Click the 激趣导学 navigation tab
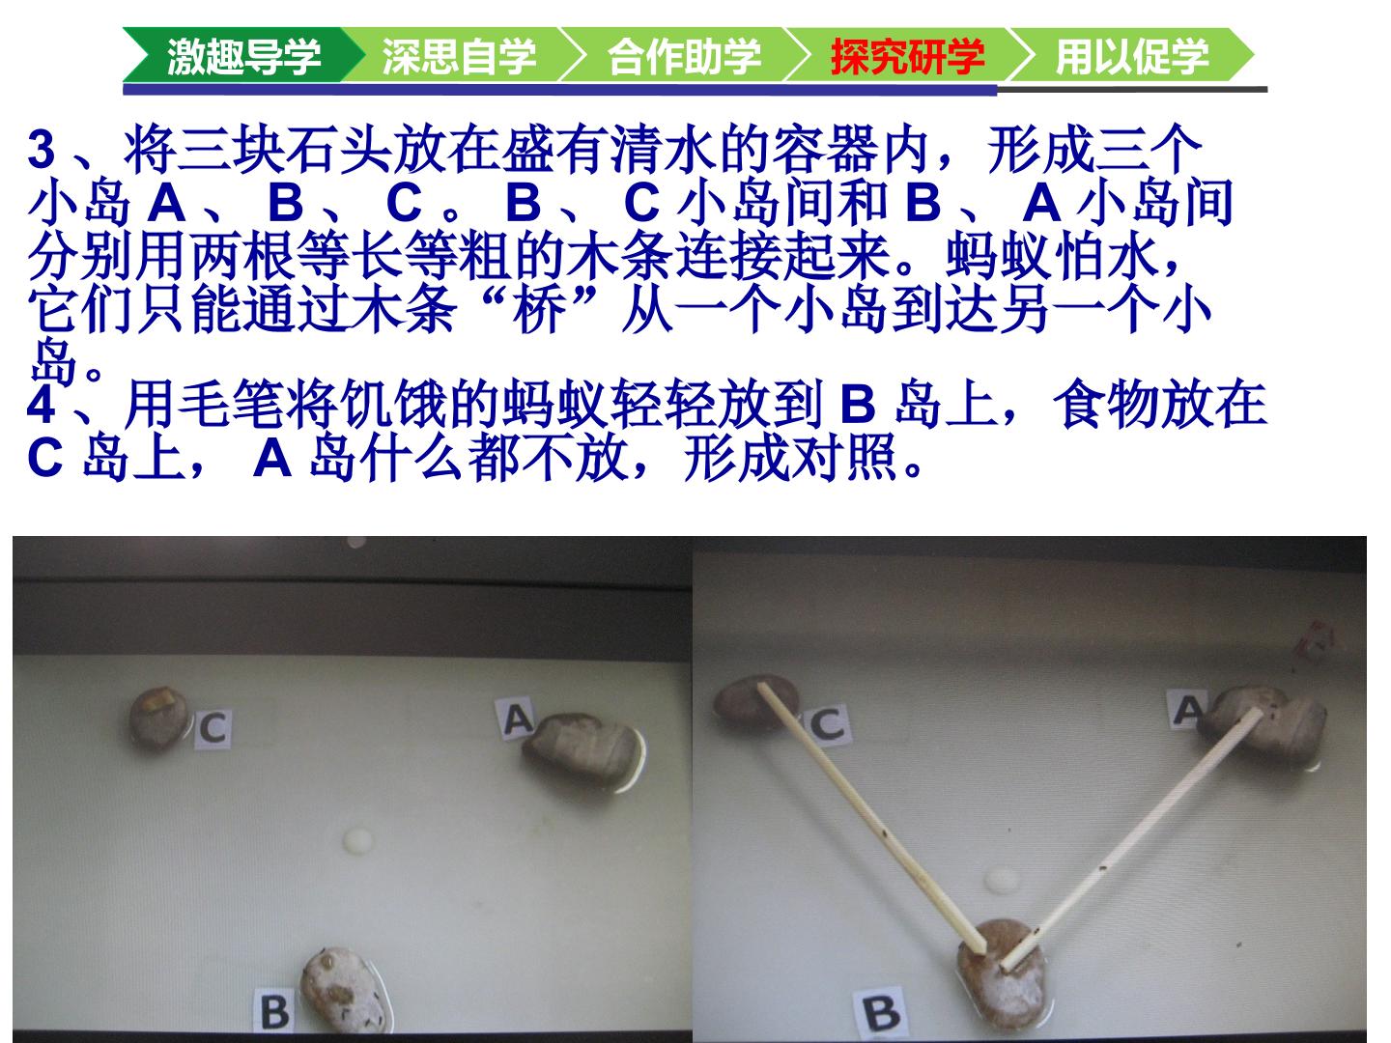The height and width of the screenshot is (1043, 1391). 244,55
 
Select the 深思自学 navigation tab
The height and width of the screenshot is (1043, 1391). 459,55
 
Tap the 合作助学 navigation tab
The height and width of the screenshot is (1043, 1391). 685,55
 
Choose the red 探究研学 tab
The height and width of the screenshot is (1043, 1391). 907,55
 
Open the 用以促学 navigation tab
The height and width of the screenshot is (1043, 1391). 1132,55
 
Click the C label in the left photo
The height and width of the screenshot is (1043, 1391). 213,728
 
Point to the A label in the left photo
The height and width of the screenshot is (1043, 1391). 516,719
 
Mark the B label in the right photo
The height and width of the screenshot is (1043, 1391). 881,1012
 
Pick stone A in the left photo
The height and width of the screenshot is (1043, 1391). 583,751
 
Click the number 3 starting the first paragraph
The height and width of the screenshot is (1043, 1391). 42,150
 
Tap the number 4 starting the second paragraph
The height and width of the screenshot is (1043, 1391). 42,405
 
